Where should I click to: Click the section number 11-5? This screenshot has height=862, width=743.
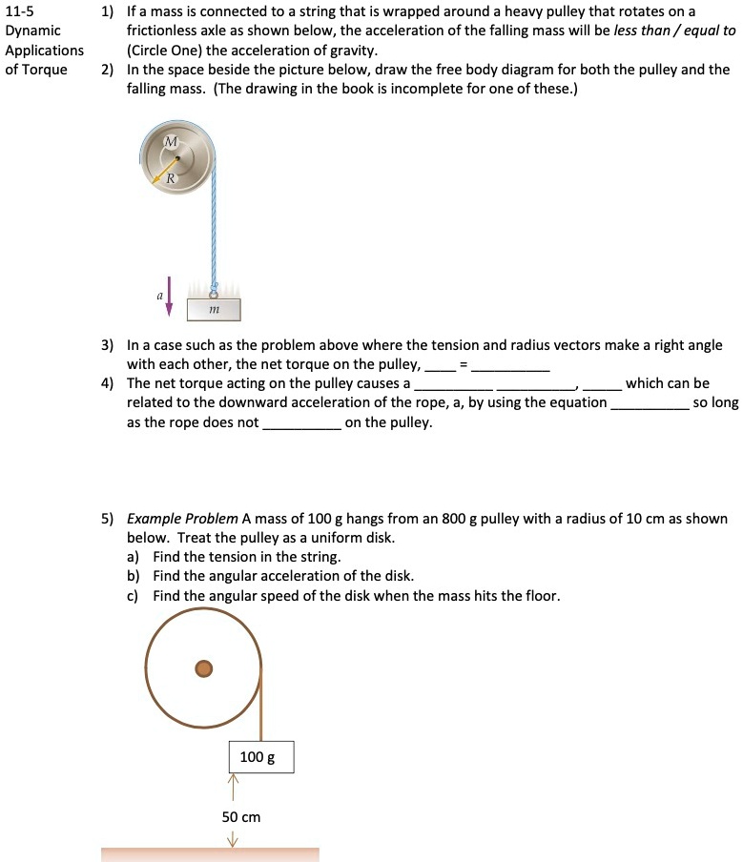coord(20,11)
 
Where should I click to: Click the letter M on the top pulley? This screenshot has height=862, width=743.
coord(171,141)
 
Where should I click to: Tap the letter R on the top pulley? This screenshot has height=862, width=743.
coord(170,178)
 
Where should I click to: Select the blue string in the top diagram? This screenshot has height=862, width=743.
coord(217,229)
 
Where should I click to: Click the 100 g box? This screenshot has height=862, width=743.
coord(260,756)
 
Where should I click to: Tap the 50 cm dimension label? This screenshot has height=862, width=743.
coord(240,817)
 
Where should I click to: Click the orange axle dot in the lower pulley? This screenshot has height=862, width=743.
coord(203,668)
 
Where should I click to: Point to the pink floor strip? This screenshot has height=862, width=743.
coord(210,854)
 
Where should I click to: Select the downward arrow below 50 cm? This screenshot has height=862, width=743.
coord(231,838)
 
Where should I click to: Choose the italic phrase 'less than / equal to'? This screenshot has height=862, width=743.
coord(674,31)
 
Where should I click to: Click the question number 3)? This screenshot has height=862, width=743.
coord(109,345)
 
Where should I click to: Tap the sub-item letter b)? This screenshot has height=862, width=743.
coord(135,576)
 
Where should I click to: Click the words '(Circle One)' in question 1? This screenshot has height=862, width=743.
coord(165,50)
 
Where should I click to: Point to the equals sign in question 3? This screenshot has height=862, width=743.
coord(463,364)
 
